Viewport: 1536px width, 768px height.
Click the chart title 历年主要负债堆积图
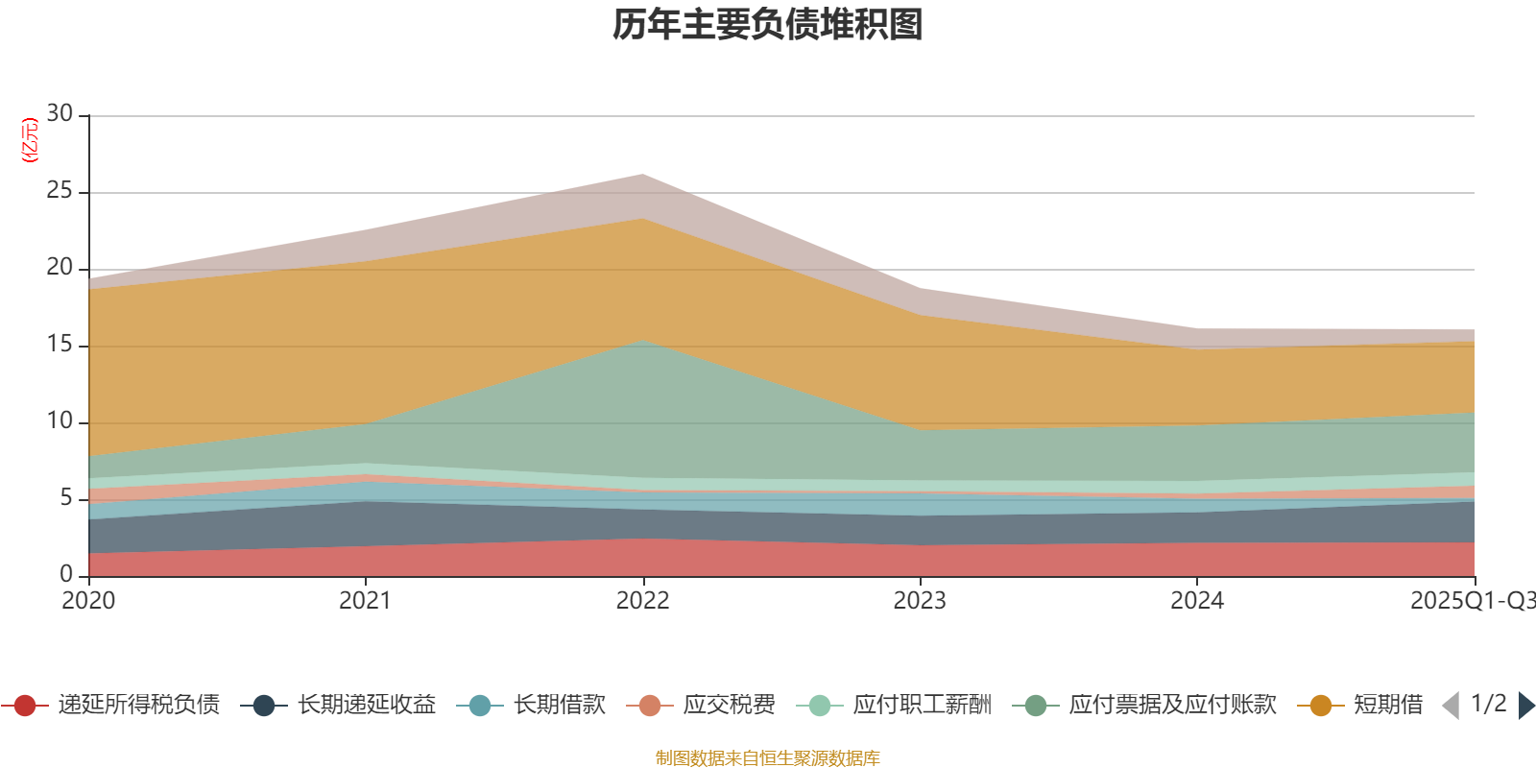(768, 25)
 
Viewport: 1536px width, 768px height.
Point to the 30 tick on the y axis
(60, 114)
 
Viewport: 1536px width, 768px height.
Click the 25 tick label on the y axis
(60, 191)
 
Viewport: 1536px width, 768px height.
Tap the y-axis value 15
(60, 345)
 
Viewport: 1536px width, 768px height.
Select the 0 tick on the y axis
(66, 574)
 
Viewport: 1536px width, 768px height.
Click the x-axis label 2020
(88, 601)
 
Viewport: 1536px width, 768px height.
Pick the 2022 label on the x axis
(642, 601)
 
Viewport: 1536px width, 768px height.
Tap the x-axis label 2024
(1196, 601)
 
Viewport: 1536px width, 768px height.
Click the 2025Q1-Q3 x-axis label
(1471, 601)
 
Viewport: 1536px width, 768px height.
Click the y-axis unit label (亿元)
(30, 140)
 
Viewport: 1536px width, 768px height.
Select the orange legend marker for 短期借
(1321, 706)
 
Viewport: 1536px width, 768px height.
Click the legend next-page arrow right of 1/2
(1526, 706)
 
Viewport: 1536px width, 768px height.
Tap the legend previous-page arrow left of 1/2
(1451, 706)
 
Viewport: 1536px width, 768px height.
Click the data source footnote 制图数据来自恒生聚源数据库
(768, 758)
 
